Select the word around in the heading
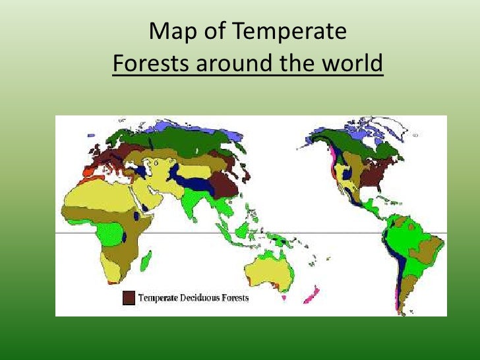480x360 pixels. coord(244,65)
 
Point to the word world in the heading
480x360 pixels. coord(348,65)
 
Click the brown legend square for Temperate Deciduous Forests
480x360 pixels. coord(129,298)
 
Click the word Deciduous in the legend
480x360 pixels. coord(201,298)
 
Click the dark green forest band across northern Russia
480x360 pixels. coord(191,139)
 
